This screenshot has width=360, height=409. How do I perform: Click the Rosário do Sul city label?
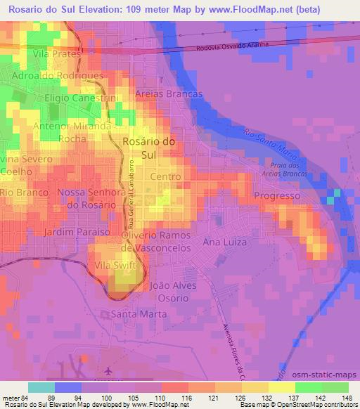[x=148, y=147]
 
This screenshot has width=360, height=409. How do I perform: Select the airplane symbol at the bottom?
[x=107, y=370]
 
